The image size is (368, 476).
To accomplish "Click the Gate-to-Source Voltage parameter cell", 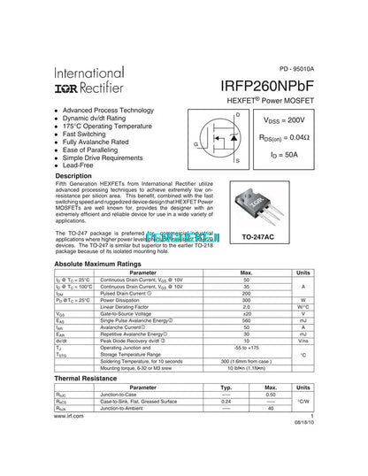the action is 131,314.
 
